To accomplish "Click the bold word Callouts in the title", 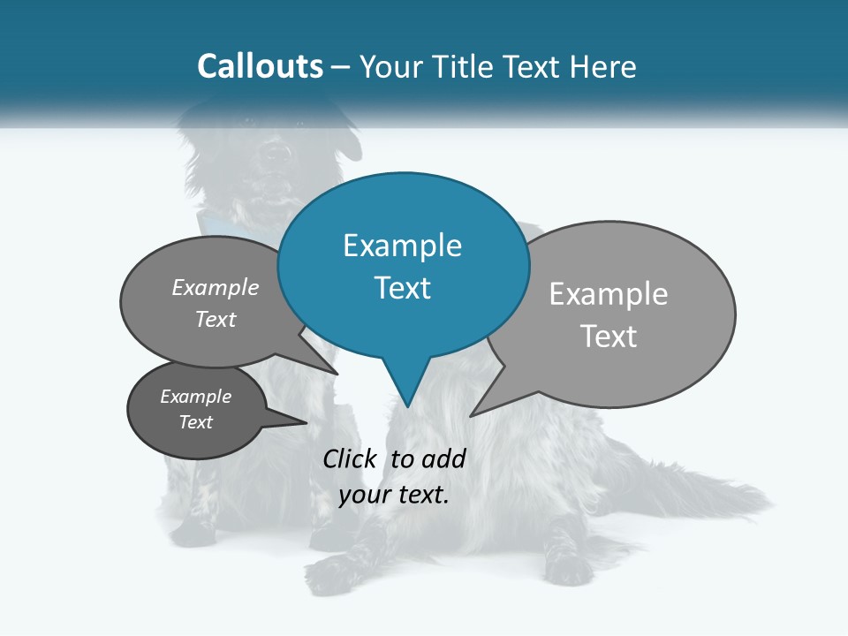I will coord(260,66).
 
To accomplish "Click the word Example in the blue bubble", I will coord(402,246).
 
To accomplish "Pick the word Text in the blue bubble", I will coord(402,288).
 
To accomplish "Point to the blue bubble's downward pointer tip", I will coord(407,406).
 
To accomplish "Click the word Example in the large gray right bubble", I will coord(609,294).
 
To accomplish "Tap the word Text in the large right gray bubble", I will coord(609,337).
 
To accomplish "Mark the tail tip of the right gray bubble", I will coord(471,415).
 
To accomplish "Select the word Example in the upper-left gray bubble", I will coord(216,288).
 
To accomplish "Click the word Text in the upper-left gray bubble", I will coord(216,320).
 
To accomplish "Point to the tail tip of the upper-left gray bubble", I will coord(337,374).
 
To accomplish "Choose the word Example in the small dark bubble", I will coord(195,397).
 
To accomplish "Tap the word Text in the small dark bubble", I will coord(195,422).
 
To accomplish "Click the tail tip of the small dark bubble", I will coord(307,422).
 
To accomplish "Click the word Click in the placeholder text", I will coord(352,458).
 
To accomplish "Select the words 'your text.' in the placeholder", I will coord(394,495).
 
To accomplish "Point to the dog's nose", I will coord(277,152).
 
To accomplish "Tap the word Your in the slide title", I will coord(391,66).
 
